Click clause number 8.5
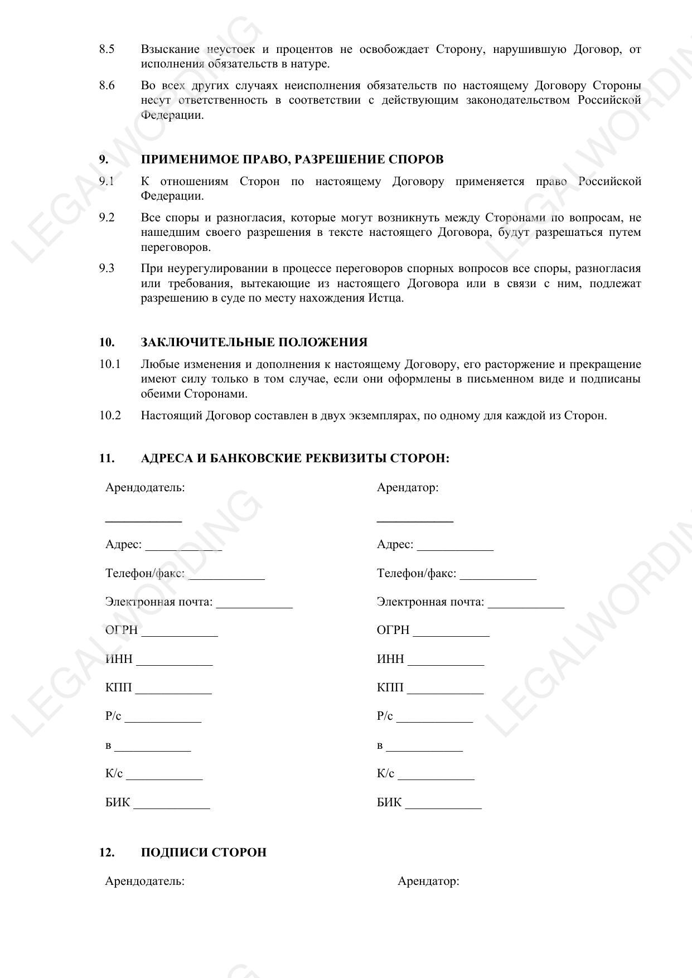[107, 50]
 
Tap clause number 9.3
[107, 269]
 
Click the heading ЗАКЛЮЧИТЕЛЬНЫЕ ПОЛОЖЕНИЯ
[254, 342]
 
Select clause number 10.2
[110, 415]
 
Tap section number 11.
[107, 458]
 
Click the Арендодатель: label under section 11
[145, 487]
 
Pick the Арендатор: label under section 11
[408, 487]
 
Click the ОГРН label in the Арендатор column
[393, 630]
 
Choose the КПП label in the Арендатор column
[390, 687]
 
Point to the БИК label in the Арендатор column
[389, 803]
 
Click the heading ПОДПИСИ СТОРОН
[204, 853]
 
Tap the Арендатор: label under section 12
[428, 882]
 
